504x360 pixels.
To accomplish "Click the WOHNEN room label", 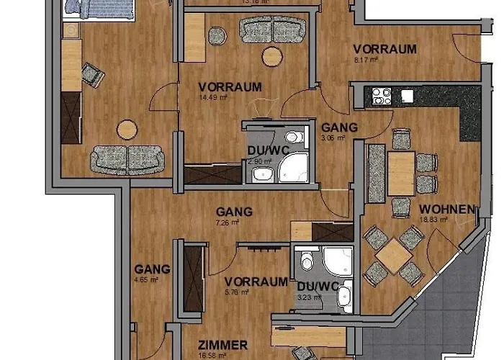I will click(446, 210).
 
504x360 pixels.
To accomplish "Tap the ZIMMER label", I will click(224, 345).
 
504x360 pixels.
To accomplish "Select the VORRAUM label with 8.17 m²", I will click(384, 49).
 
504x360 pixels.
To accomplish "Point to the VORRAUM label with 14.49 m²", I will click(230, 86).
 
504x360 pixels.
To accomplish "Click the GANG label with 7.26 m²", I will click(234, 212).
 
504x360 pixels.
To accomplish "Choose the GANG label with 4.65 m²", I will click(152, 269).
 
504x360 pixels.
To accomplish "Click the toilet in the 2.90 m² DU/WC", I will click(292, 137).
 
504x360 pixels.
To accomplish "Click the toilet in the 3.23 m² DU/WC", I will click(307, 260).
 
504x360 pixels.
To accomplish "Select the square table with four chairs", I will click(394, 256).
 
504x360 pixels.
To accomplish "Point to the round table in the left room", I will click(127, 129).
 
